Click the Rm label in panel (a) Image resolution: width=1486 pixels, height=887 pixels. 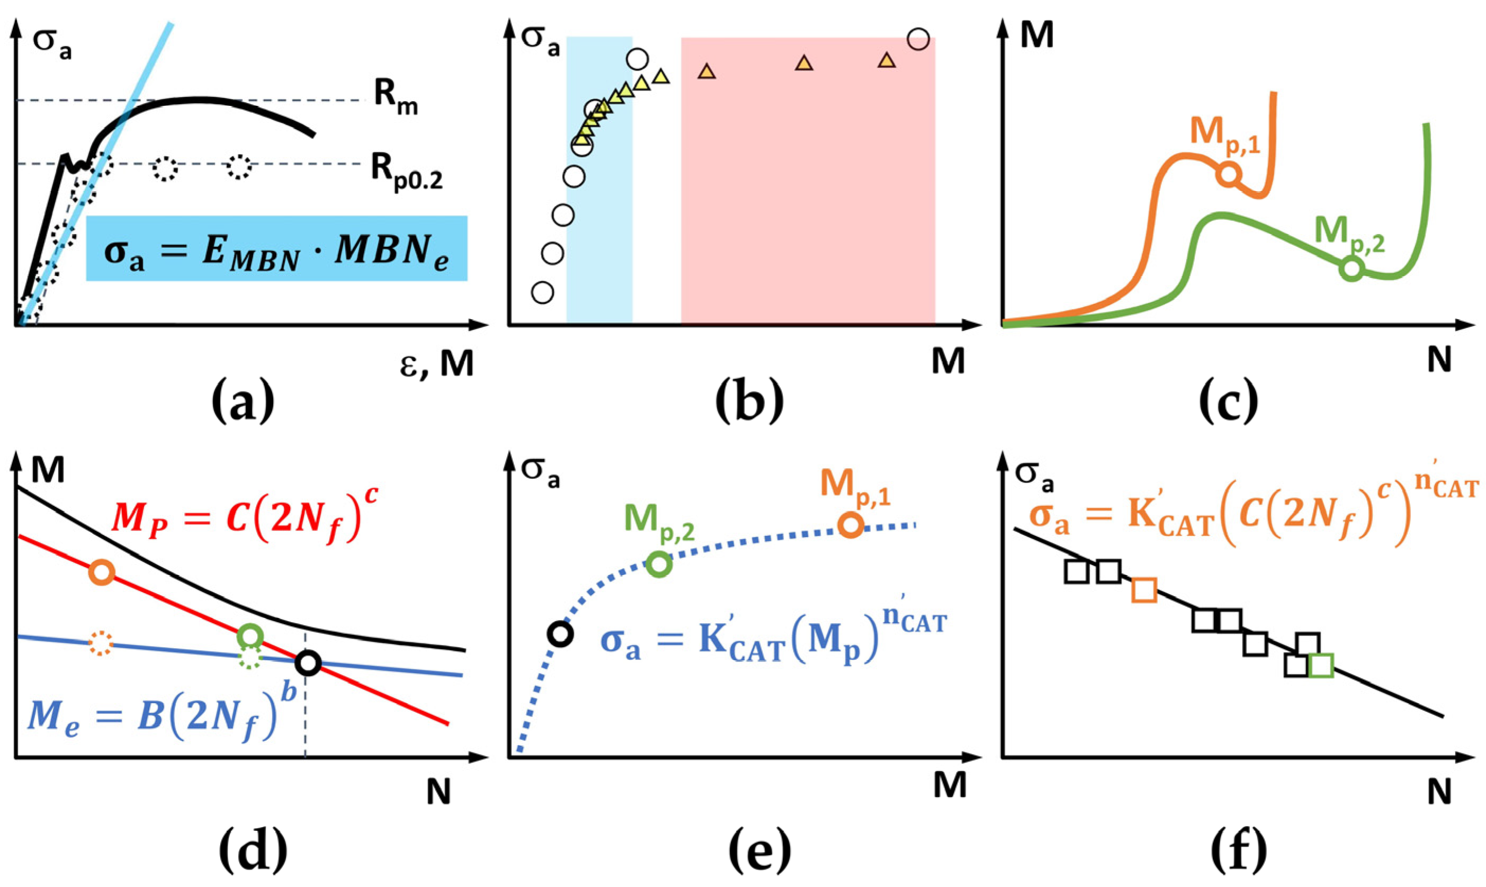click(x=395, y=101)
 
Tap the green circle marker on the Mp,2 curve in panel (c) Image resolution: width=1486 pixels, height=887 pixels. click(x=1352, y=269)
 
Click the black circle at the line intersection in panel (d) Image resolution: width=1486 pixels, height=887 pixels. click(x=308, y=663)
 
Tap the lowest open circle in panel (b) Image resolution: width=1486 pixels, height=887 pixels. click(x=542, y=293)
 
